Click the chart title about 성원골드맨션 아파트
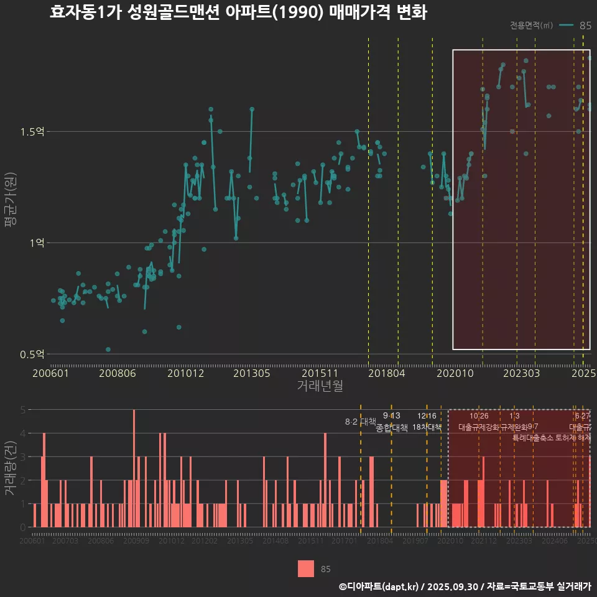(x=238, y=13)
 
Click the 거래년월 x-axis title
(x=320, y=386)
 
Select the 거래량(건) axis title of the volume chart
(x=11, y=468)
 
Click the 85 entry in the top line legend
(x=585, y=25)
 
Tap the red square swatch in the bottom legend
(x=306, y=568)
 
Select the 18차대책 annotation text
(x=427, y=427)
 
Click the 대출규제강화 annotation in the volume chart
(x=479, y=427)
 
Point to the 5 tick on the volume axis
(x=22, y=410)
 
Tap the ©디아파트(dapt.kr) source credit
(x=379, y=586)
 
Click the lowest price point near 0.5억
(x=108, y=349)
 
